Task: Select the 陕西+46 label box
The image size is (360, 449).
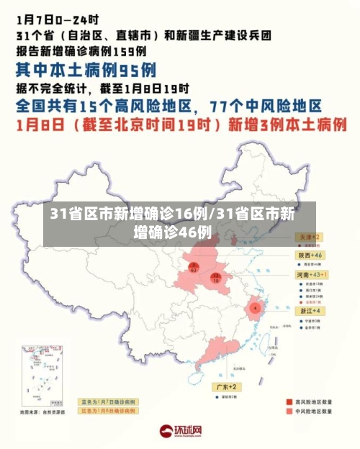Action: (x=310, y=255)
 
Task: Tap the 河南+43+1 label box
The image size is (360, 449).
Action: (x=312, y=275)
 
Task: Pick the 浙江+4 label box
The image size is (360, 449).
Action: (x=310, y=310)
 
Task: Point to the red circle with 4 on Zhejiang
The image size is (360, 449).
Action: (x=254, y=308)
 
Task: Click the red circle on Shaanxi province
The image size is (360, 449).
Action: (x=193, y=268)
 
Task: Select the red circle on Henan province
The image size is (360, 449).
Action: (x=215, y=277)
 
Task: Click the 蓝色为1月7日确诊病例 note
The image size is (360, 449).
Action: (x=108, y=402)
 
